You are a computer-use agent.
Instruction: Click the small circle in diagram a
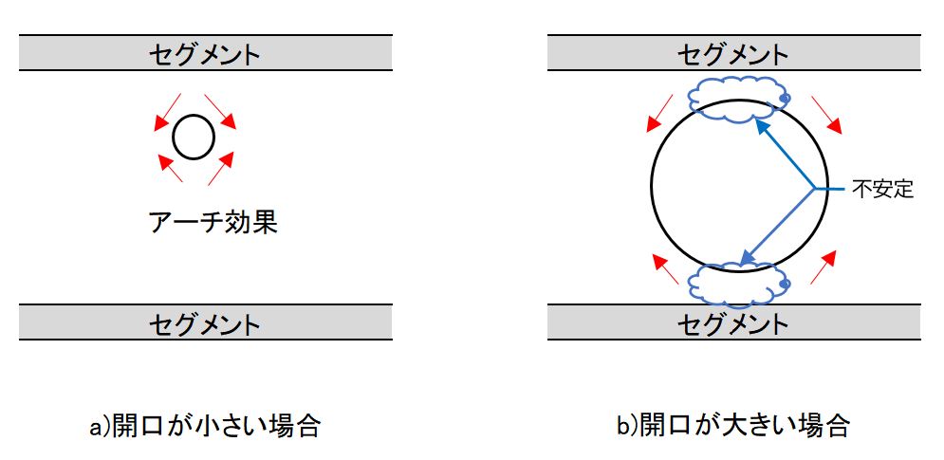tap(194, 138)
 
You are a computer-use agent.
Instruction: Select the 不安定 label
tap(881, 190)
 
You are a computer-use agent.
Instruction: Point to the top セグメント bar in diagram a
tap(204, 53)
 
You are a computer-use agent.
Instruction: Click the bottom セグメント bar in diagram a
tap(204, 322)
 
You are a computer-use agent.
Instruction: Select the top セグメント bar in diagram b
tap(733, 53)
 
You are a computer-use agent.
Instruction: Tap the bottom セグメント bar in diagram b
tap(733, 322)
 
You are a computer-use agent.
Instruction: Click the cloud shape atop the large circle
tap(737, 99)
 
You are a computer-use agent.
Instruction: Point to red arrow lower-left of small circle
tap(170, 168)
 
